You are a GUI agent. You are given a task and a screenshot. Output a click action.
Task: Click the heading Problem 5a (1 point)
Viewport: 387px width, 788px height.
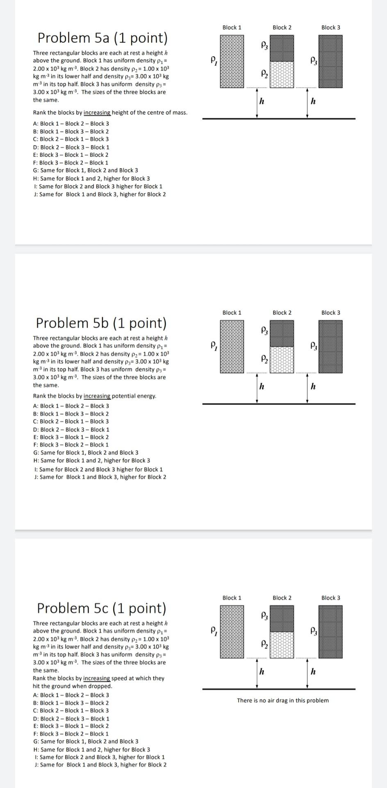pyautogui.click(x=102, y=38)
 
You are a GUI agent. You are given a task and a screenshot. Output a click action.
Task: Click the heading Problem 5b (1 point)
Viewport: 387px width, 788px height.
pyautogui.click(x=101, y=323)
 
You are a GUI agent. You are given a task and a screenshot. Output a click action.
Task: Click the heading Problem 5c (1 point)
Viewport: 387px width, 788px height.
pyautogui.click(x=102, y=608)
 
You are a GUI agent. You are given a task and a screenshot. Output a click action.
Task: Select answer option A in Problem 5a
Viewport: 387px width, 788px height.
pyautogui.click(x=71, y=124)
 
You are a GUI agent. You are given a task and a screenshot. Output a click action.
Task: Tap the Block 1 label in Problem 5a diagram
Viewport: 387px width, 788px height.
pyautogui.click(x=232, y=27)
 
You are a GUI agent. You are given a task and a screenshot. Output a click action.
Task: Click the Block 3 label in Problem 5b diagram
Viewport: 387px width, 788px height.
pyautogui.click(x=330, y=313)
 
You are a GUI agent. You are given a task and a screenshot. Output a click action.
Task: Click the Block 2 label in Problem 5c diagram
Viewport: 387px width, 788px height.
pyautogui.click(x=282, y=598)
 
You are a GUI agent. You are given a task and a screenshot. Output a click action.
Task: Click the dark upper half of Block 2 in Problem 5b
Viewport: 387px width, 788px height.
pyautogui.click(x=282, y=333)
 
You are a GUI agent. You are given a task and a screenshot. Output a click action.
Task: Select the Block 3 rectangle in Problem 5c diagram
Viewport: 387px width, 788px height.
pyautogui.click(x=331, y=632)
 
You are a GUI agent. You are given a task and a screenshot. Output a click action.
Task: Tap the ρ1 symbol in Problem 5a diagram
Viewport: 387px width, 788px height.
pyautogui.click(x=213, y=61)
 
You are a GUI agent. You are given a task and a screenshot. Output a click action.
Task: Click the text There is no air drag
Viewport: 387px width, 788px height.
pyautogui.click(x=282, y=701)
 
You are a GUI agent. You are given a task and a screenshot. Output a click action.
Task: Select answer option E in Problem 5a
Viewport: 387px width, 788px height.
pyautogui.click(x=71, y=155)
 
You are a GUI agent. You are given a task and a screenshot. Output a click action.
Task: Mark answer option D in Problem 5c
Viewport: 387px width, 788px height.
pyautogui.click(x=71, y=719)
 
